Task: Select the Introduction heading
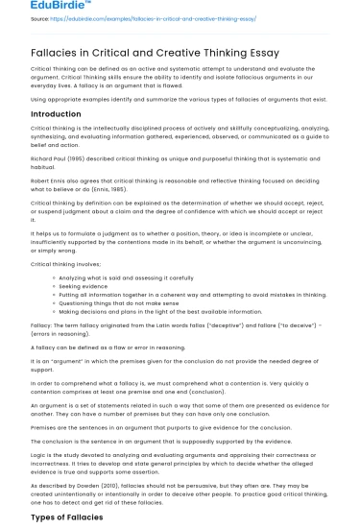[57, 113]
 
